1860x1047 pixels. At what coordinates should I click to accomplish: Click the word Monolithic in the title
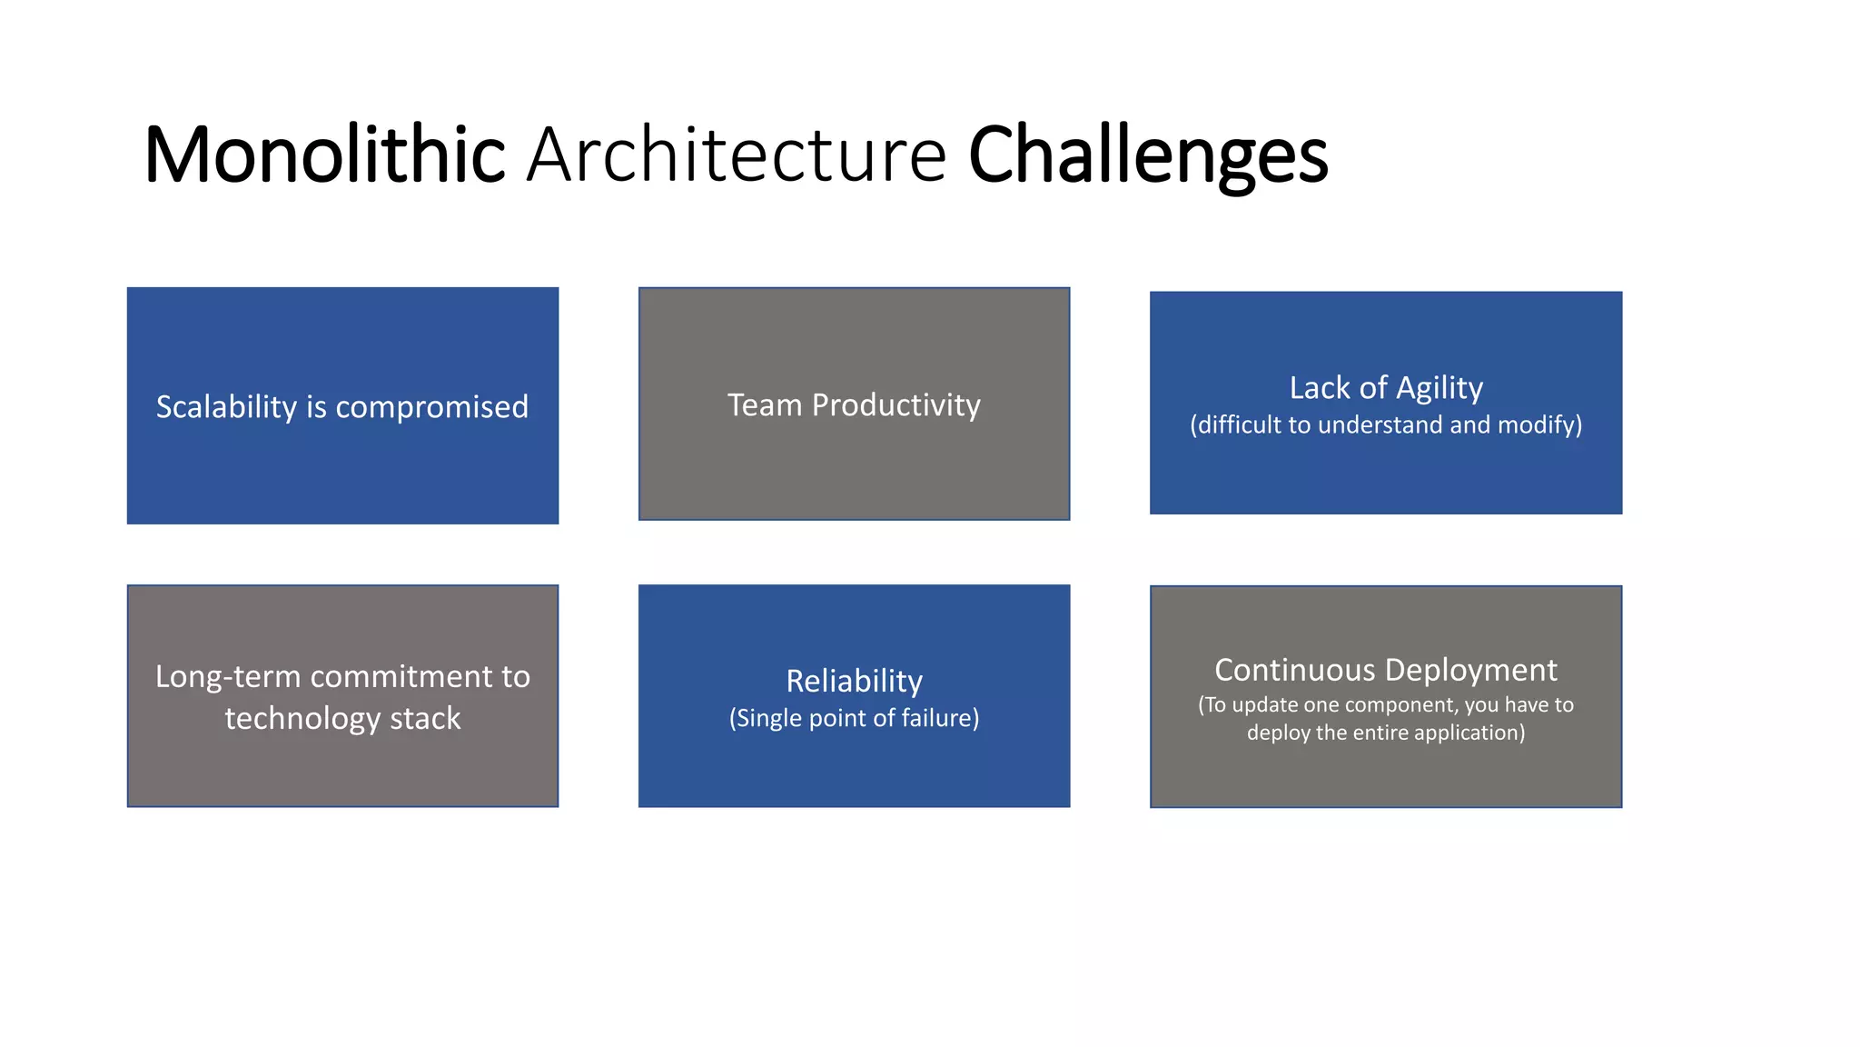324,155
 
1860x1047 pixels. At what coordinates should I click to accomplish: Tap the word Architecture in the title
737,155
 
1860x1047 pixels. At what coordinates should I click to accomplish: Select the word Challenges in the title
1148,156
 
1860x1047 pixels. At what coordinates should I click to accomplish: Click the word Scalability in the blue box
226,407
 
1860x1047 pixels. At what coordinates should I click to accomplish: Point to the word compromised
431,407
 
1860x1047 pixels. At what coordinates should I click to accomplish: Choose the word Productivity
895,405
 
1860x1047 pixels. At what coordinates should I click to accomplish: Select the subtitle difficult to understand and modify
1386,425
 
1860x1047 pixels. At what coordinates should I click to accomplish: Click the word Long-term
227,677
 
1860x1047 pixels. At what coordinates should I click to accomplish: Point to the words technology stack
342,719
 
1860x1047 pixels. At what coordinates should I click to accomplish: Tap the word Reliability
854,681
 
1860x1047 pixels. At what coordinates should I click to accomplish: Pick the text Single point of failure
854,719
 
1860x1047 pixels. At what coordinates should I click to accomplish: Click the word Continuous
1294,671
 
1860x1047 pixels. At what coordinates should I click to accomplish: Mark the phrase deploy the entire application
1386,733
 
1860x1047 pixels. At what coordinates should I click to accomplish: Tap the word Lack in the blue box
1320,388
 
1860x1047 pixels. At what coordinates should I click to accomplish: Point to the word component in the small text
1400,705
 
